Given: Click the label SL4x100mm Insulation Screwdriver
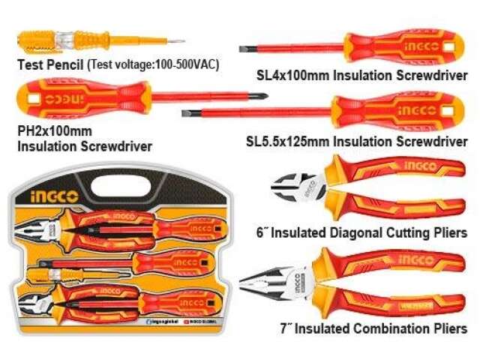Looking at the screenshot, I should [362, 76].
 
